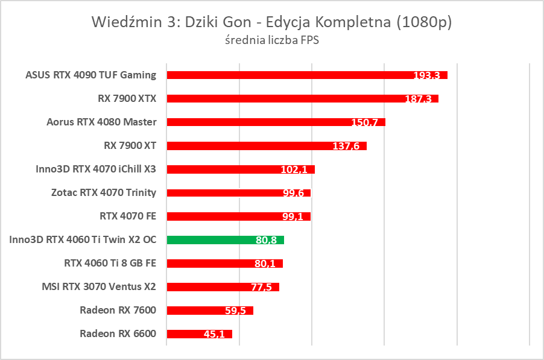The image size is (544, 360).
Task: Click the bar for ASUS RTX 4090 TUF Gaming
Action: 306,75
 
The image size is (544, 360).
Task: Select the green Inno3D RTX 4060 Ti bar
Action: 225,240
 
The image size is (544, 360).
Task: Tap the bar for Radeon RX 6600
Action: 199,334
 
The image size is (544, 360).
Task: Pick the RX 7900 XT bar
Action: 266,146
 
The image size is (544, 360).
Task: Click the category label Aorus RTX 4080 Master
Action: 101,122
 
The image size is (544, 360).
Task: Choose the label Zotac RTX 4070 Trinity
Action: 104,193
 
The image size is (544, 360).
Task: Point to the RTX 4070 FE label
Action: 128,216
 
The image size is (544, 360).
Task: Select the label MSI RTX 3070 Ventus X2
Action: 99,286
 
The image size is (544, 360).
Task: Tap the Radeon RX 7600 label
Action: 118,311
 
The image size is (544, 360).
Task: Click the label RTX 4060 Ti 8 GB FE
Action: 110,264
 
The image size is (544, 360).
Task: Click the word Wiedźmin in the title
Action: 124,22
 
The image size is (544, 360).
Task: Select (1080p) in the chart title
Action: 424,22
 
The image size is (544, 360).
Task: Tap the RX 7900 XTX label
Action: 127,98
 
